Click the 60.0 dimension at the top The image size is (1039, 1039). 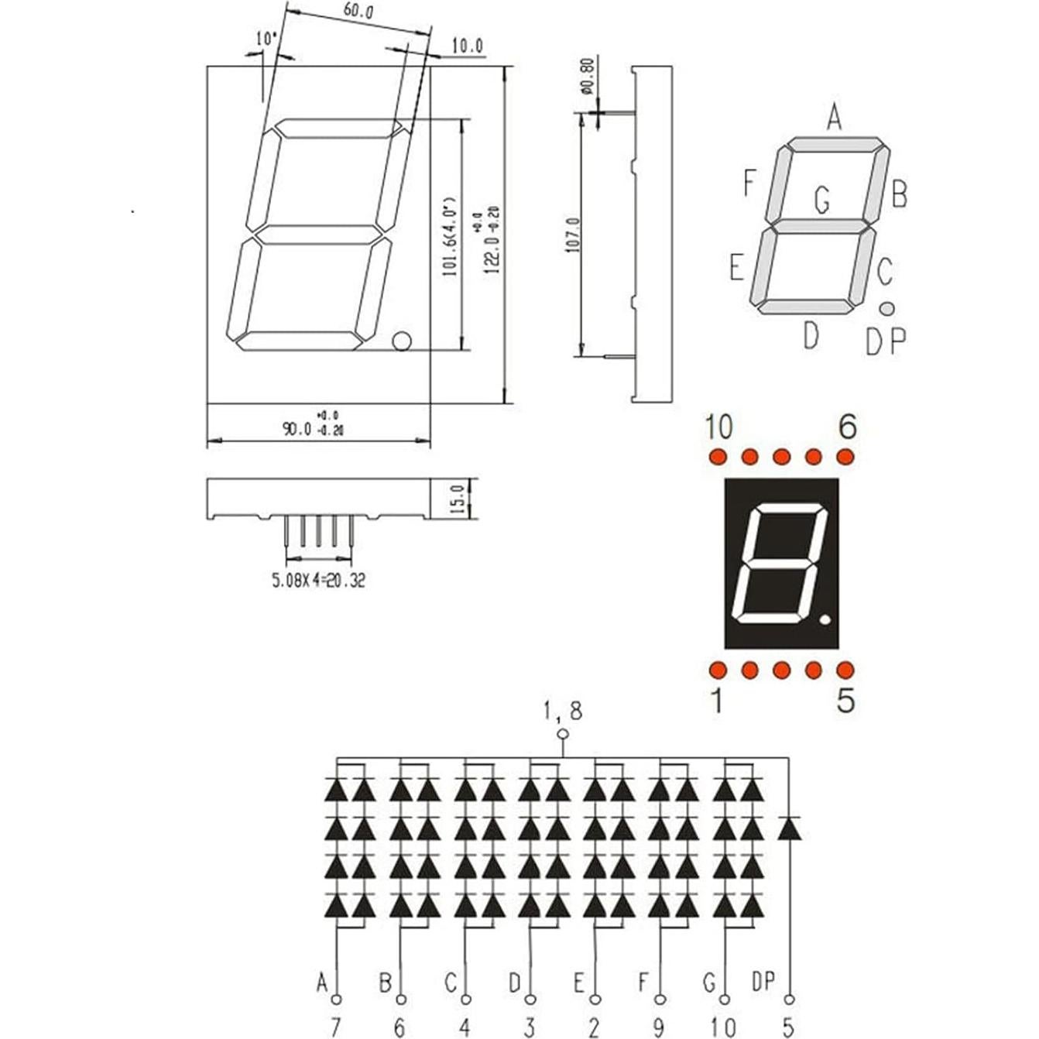[358, 12]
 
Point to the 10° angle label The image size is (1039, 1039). [266, 38]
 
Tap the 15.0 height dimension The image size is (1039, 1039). [457, 499]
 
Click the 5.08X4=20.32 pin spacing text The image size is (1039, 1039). [317, 580]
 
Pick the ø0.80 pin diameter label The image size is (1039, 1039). [586, 76]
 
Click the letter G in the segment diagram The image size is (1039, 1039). [821, 201]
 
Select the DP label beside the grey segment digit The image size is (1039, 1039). [885, 341]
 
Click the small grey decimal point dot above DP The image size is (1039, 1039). [887, 308]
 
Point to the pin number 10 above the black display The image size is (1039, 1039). [718, 427]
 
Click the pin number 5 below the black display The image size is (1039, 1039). [845, 701]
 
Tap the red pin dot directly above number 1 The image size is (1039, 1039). [717, 670]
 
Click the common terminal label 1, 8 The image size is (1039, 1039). [563, 710]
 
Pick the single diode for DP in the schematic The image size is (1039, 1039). [789, 829]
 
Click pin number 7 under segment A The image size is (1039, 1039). [336, 1027]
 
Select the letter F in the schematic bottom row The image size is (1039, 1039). [643, 982]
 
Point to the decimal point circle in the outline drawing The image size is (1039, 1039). [401, 341]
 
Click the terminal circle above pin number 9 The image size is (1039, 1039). [660, 1000]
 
